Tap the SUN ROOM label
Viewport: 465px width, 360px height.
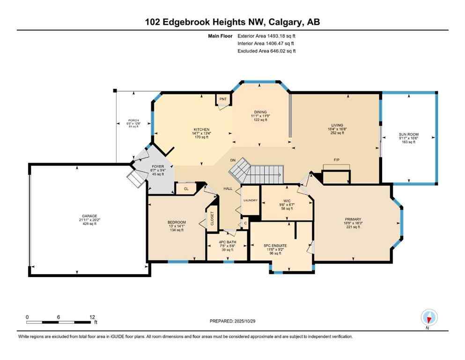tap(409, 134)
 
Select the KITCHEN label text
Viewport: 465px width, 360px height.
tap(202, 129)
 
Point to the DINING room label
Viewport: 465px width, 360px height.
tap(260, 112)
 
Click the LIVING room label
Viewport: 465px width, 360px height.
tap(337, 125)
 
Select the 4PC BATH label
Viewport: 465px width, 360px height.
tap(228, 242)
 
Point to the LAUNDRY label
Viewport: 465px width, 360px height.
tap(250, 200)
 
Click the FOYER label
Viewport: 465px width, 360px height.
tap(157, 165)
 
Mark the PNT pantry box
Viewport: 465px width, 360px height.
tap(223, 99)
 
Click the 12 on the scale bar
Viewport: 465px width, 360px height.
tap(92, 316)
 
